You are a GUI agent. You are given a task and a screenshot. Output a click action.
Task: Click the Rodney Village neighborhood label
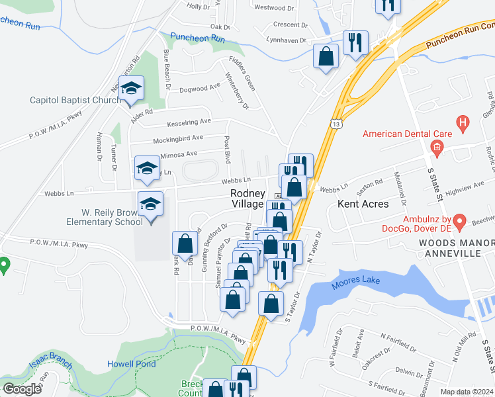247,198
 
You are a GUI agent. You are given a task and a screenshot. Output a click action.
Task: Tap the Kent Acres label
363,204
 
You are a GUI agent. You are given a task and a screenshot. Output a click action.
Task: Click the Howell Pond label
132,364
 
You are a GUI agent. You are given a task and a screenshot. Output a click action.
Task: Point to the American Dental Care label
407,134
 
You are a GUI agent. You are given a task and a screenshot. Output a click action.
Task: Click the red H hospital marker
463,122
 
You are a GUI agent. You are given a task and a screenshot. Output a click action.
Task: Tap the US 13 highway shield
337,124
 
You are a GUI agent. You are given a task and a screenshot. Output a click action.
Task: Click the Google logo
22,389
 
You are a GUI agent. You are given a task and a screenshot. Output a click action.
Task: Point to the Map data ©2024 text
467,392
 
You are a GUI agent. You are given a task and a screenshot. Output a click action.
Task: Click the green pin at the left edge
3,265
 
